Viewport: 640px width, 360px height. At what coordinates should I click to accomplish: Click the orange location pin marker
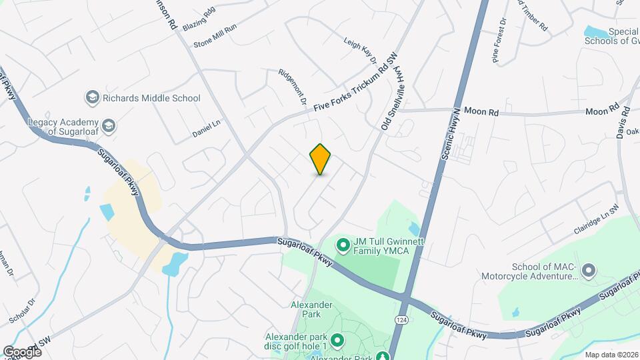point(321,159)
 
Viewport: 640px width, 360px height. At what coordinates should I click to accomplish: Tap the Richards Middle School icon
point(92,98)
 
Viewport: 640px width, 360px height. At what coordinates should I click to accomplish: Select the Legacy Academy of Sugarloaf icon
point(107,125)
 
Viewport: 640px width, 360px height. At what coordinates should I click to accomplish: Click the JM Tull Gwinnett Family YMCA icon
point(343,246)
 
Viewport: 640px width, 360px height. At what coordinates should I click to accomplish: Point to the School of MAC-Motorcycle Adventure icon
point(588,271)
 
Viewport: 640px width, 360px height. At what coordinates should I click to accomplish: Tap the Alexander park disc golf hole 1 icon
point(337,341)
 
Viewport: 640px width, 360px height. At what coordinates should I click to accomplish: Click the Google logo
point(22,351)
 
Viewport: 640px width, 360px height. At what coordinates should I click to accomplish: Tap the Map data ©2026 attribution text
point(611,354)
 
